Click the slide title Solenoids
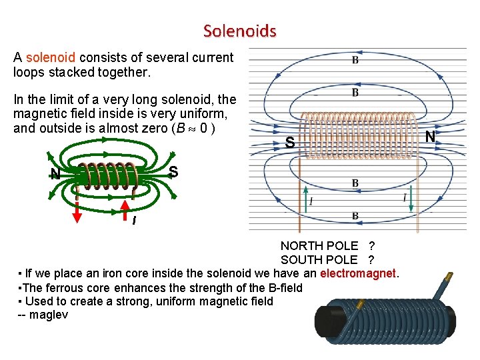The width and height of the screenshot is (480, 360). tap(239, 31)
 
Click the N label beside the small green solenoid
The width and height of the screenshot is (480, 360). tap(55, 175)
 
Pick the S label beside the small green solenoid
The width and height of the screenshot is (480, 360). tap(173, 171)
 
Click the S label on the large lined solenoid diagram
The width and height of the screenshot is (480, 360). tap(289, 142)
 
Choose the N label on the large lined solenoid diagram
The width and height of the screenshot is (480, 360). tap(430, 137)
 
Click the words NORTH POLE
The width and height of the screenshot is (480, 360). tap(319, 246)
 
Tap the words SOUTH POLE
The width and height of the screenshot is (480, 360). tap(319, 259)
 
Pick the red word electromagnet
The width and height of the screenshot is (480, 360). tap(359, 273)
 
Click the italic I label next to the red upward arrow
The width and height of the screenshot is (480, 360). tap(134, 221)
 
